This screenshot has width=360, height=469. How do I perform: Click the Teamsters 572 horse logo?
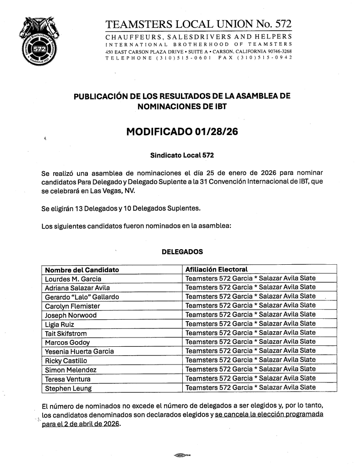[x=39, y=42]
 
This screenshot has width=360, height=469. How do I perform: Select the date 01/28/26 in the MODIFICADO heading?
[x=216, y=132]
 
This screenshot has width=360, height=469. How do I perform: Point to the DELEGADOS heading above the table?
[x=182, y=252]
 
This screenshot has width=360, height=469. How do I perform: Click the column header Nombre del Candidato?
[x=82, y=269]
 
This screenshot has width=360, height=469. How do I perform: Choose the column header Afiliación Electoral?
[x=216, y=269]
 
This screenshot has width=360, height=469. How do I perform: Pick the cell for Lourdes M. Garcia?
[x=73, y=278]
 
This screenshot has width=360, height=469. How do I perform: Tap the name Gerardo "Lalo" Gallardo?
[x=82, y=297]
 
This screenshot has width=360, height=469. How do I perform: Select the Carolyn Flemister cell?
[x=72, y=305]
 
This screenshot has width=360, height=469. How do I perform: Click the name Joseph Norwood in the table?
[x=71, y=315]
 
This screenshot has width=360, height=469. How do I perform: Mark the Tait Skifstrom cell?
[x=65, y=333]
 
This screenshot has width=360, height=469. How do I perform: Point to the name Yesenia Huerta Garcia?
[x=79, y=351]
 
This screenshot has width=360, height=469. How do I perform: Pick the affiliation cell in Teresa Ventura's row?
[x=250, y=378]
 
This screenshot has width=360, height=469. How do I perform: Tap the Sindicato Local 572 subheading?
[x=182, y=155]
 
